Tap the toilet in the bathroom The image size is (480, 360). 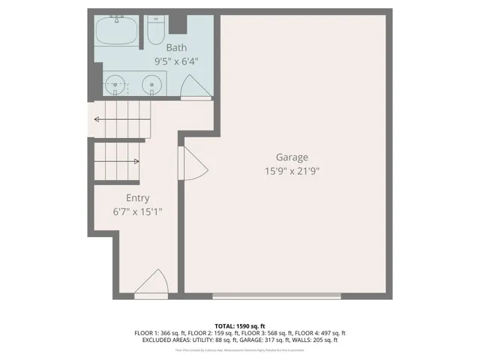[x=156, y=31]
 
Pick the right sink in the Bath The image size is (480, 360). [x=152, y=85]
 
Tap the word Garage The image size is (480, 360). [x=292, y=157]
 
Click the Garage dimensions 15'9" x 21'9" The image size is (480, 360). [x=292, y=172]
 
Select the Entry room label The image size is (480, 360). [x=137, y=198]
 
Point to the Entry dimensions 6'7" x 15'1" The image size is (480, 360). [x=137, y=211]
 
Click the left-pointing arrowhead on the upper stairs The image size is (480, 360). [x=97, y=118]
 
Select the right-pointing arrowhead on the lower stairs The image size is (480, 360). [x=136, y=161]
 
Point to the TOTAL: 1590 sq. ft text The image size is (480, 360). [x=240, y=325]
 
